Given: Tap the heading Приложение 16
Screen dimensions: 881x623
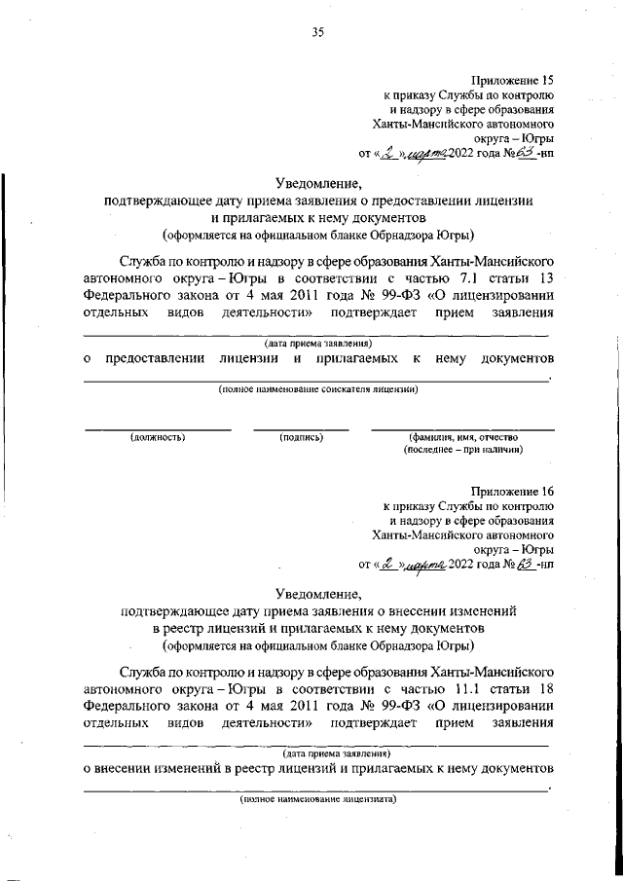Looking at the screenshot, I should point(512,494).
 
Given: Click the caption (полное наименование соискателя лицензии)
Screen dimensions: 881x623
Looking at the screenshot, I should point(317,417).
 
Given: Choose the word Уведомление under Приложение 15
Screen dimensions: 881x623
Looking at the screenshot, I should point(317,182).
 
